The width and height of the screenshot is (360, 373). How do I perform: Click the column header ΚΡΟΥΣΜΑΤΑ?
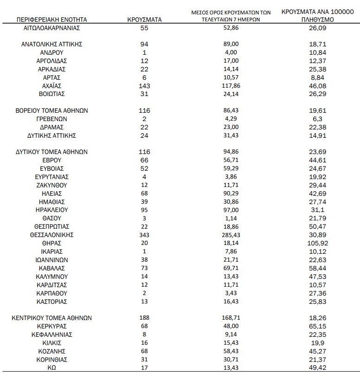tap(144, 20)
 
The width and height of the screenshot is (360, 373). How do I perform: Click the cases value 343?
tap(144, 235)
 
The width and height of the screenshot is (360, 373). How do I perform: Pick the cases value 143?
tap(144, 86)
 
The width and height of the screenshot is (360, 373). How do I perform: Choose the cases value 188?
tap(144, 318)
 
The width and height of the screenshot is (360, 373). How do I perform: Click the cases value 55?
tap(144, 28)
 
